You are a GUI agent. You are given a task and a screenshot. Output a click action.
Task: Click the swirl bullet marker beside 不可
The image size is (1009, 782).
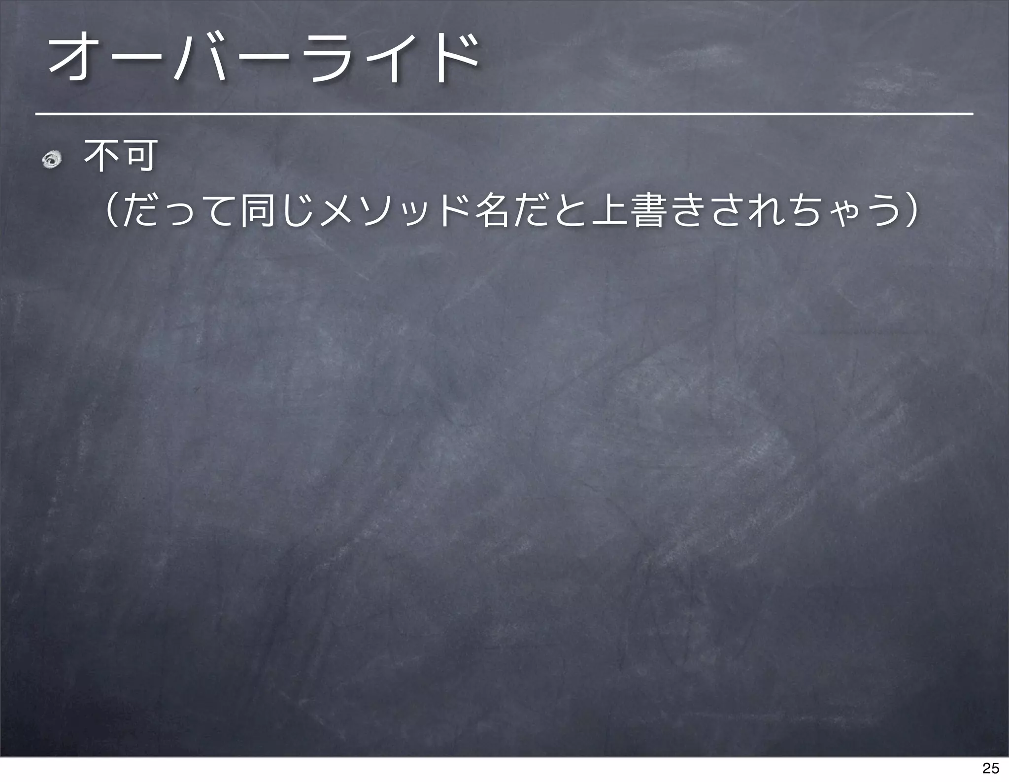51,160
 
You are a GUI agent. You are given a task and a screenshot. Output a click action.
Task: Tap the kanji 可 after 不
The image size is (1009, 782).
140,156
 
